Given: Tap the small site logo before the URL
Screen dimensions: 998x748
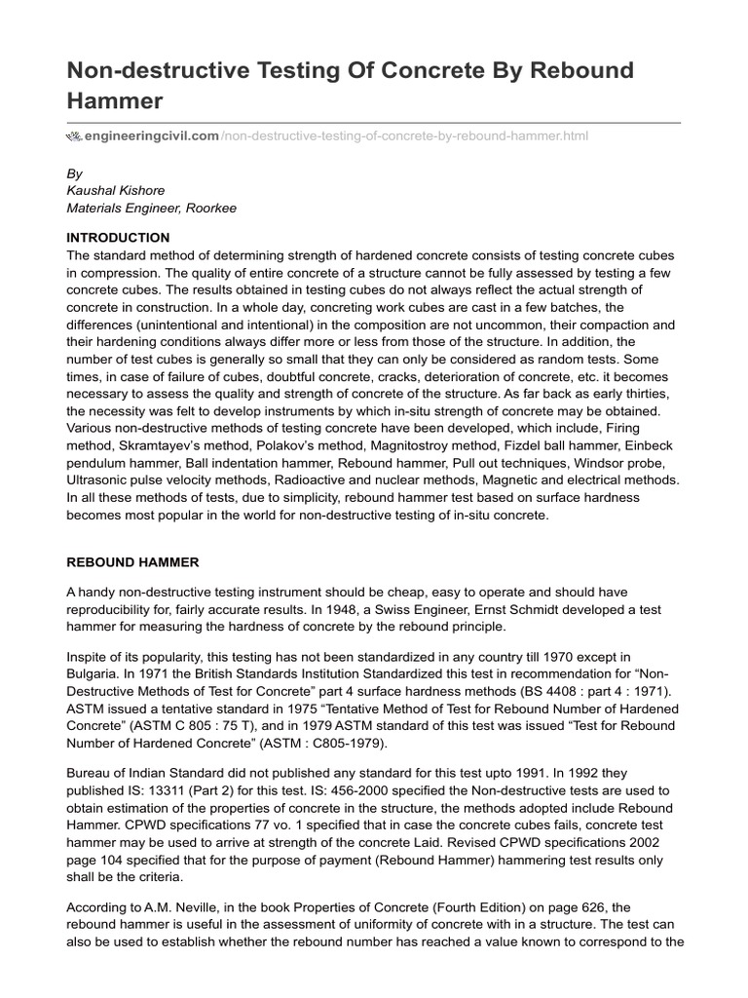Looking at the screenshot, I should point(74,135).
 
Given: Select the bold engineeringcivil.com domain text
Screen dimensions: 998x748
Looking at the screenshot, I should point(152,135).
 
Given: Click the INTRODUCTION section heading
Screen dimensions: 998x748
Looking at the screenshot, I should point(118,238).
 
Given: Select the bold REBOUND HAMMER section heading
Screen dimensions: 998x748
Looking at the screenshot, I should point(132,562).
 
